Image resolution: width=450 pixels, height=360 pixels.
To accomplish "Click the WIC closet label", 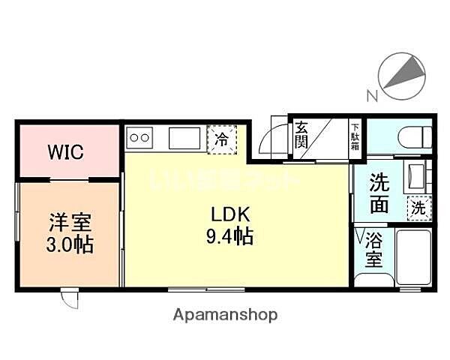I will (67, 151).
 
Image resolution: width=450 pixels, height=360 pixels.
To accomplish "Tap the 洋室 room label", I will (70, 222).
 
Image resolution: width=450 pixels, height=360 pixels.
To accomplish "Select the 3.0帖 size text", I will (70, 244).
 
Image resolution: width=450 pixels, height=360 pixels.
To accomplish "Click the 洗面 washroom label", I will (379, 192).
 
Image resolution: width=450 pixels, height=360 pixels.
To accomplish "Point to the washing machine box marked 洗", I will (417, 208).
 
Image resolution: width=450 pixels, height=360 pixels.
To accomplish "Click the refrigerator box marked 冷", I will (223, 139).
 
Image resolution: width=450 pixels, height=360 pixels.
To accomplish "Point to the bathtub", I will (411, 259).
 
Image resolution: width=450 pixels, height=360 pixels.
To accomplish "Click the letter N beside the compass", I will (370, 95).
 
